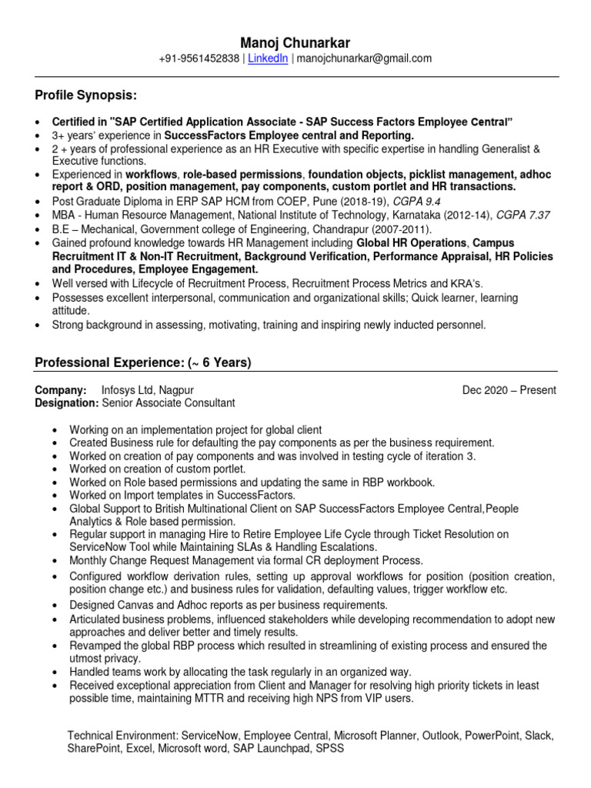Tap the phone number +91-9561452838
199,58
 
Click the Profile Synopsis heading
86,95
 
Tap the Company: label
61,390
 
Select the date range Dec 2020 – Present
509,390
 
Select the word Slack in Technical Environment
540,736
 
